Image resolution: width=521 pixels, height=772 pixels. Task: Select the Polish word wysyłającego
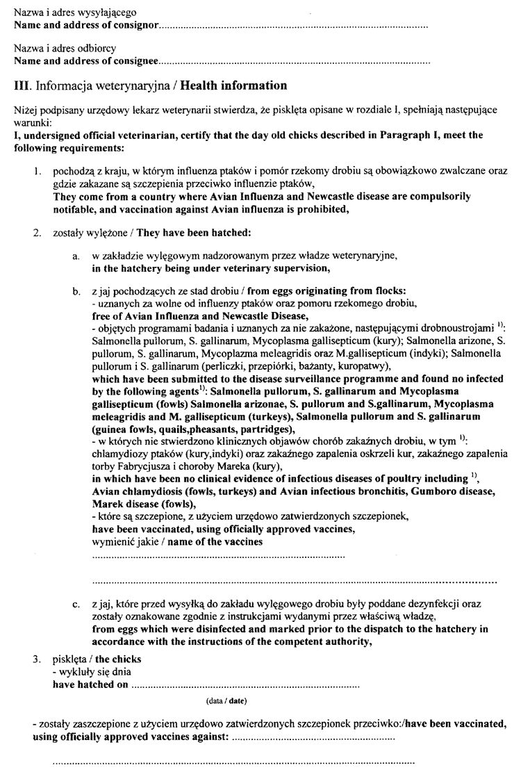tap(108, 13)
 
